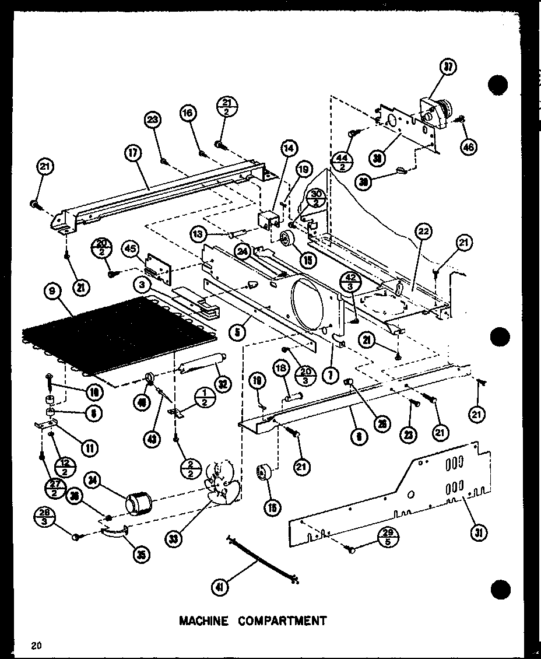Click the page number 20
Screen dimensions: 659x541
click(x=36, y=644)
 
